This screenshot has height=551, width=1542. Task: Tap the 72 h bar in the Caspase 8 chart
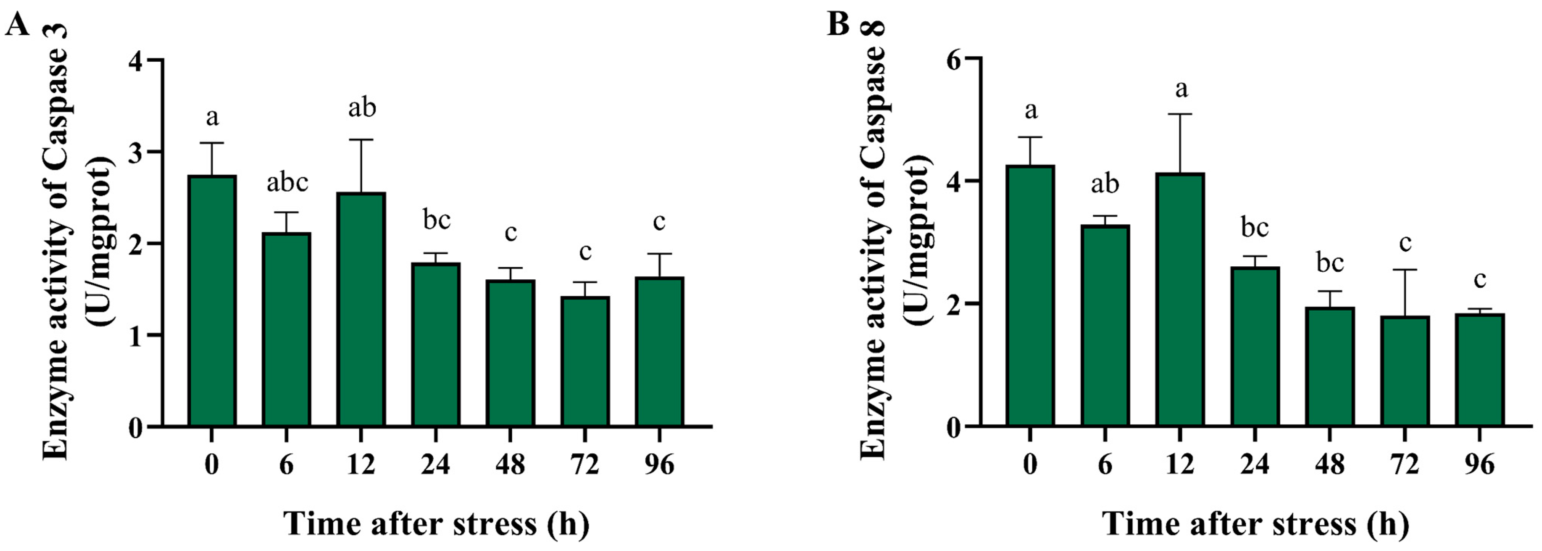[x=1405, y=371]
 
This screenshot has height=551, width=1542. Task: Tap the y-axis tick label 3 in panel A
[x=138, y=152]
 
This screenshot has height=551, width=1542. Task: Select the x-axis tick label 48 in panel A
[x=510, y=465]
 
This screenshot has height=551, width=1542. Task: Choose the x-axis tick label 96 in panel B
[x=1479, y=465]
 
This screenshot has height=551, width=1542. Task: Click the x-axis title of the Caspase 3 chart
[x=436, y=524]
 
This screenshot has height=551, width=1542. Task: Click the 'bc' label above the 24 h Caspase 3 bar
[x=436, y=220]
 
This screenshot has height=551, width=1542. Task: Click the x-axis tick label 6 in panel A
[x=286, y=465]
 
